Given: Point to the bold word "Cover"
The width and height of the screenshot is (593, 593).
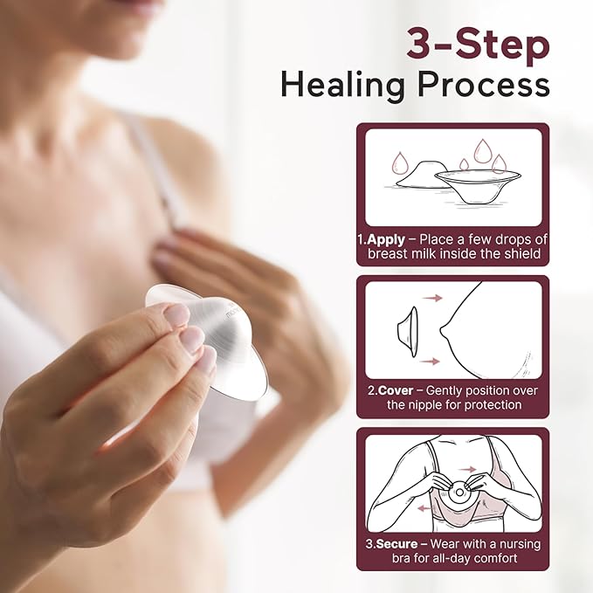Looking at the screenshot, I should pos(395,390).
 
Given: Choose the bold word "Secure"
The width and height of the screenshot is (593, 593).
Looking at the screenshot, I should pos(397,543).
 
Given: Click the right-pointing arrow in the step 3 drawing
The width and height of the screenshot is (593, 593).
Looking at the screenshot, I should pos(470,469).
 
